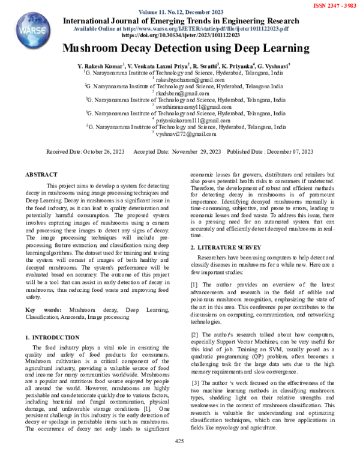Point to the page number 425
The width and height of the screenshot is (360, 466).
(179, 441)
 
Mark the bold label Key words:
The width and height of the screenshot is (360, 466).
(42, 310)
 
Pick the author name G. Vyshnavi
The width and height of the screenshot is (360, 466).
(273, 64)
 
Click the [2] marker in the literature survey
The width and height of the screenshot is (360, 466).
(195, 334)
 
